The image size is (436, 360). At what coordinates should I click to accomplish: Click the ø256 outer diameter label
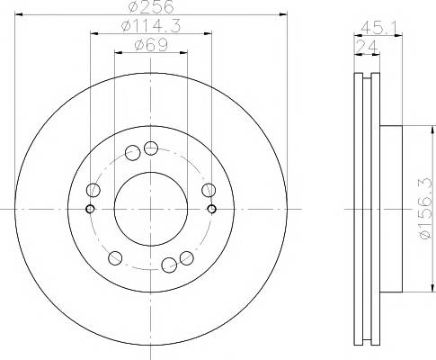(151, 7)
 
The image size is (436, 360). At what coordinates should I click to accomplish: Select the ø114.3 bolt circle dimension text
(151, 29)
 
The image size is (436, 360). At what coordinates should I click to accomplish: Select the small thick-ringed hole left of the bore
(90, 209)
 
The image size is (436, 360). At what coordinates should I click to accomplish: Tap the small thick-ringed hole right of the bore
(212, 209)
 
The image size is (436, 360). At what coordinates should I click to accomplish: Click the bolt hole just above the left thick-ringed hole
(93, 190)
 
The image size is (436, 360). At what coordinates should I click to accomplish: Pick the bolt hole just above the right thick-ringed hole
(209, 189)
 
